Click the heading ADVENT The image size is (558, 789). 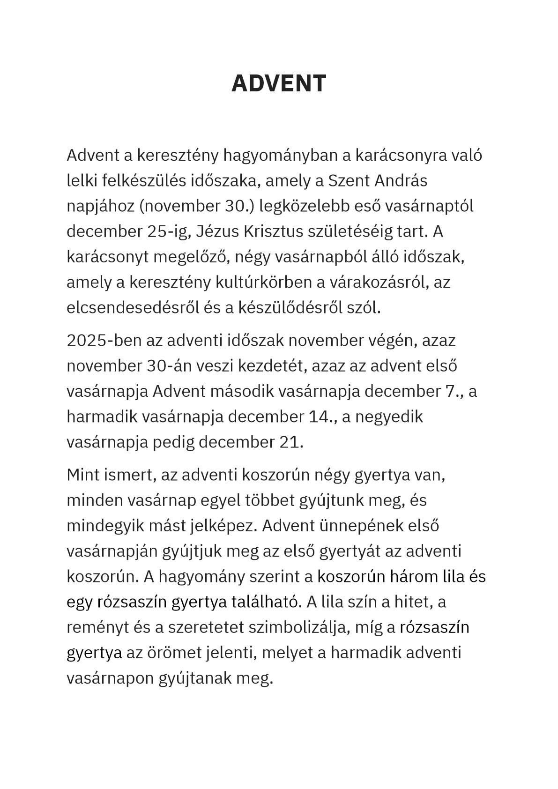pyautogui.click(x=279, y=84)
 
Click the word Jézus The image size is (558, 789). pyautogui.click(x=217, y=231)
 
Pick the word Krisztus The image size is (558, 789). pyautogui.click(x=274, y=231)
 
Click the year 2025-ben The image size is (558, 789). pyautogui.click(x=104, y=340)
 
